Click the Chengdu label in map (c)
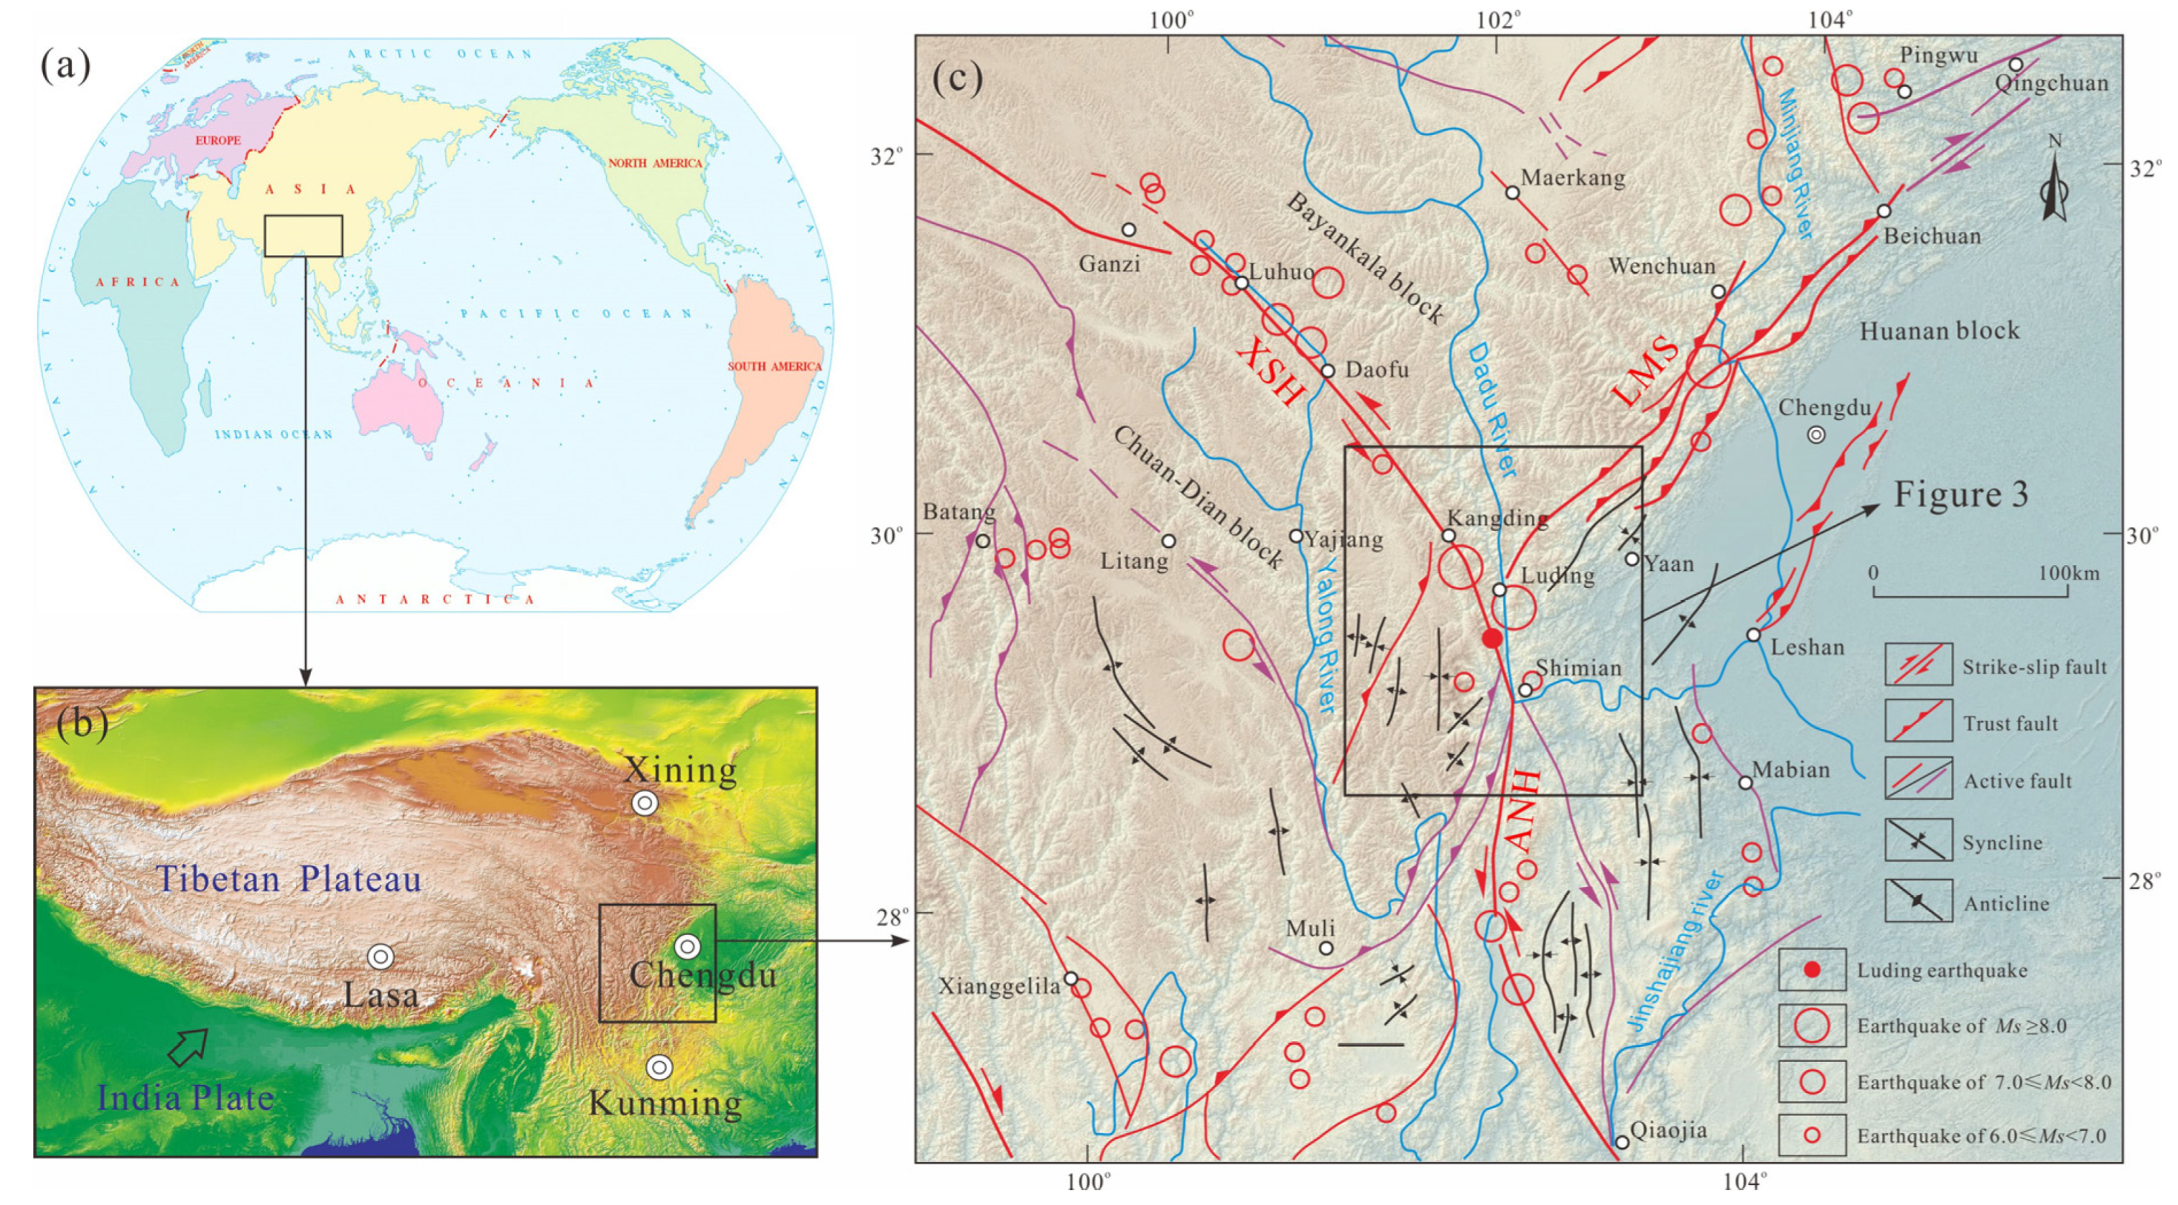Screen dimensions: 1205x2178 click(x=1824, y=408)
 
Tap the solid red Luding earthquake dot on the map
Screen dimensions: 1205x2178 click(x=1493, y=638)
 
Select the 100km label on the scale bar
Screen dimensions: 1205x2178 click(x=2068, y=573)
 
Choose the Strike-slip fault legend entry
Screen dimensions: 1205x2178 click(x=2034, y=666)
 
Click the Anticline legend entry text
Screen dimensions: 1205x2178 click(x=2006, y=903)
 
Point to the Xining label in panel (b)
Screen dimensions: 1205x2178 click(x=680, y=771)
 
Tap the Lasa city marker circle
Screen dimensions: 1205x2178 click(x=381, y=957)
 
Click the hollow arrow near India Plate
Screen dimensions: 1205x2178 click(x=187, y=1047)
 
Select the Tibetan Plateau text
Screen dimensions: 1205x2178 click(x=289, y=880)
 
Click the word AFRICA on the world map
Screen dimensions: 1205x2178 click(x=138, y=282)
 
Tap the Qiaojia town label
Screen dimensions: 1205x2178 click(x=1668, y=1130)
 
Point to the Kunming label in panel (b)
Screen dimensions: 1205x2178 click(x=664, y=1103)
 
